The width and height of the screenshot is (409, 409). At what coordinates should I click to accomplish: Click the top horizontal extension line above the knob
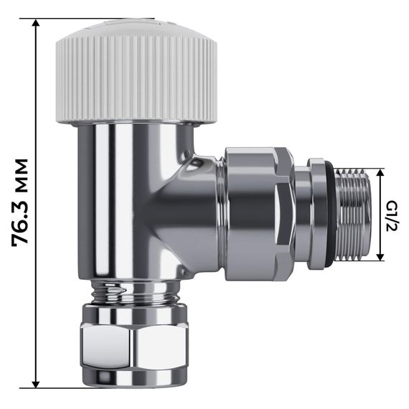pos(93,19)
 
